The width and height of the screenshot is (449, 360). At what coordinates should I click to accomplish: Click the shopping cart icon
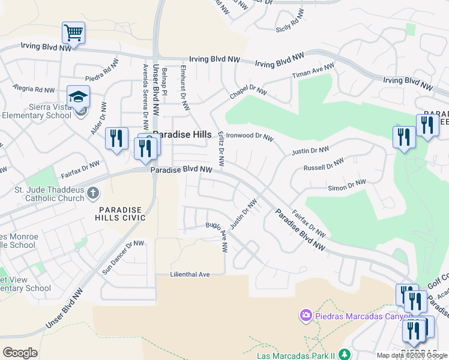[x=73, y=33]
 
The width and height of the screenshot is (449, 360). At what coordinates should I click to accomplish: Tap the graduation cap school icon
[x=78, y=97]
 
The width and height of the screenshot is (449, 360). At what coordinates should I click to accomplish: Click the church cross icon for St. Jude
[x=92, y=193]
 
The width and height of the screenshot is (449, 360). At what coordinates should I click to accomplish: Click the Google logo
[x=20, y=352]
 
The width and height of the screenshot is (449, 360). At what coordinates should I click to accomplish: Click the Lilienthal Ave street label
[x=191, y=274]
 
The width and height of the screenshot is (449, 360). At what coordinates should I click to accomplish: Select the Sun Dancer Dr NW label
[x=123, y=257]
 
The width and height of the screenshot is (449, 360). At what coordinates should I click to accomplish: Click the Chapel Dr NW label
[x=248, y=92]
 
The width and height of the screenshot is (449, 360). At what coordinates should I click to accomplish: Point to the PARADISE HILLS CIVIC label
[x=122, y=214]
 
